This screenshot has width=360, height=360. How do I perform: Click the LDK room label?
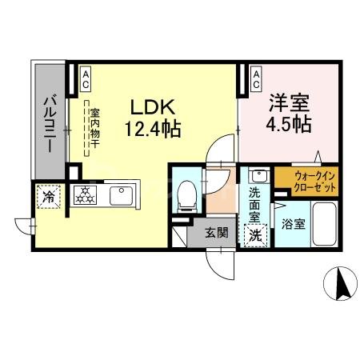coord(150,106)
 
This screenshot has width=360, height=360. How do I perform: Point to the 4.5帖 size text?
coord(289,125)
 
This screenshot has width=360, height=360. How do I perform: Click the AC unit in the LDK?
coord(84,77)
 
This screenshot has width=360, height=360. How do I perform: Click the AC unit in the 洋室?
coord(255,77)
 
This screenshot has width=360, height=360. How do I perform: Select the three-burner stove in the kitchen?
coord(85,193)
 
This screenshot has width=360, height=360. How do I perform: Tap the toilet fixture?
coord(186,193)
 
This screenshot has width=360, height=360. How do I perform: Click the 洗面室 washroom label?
coord(254,202)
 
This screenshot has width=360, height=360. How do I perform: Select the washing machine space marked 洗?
coord(255,235)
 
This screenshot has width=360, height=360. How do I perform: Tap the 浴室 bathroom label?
coord(292,225)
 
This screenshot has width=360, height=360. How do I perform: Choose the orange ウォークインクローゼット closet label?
coord(306,181)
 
